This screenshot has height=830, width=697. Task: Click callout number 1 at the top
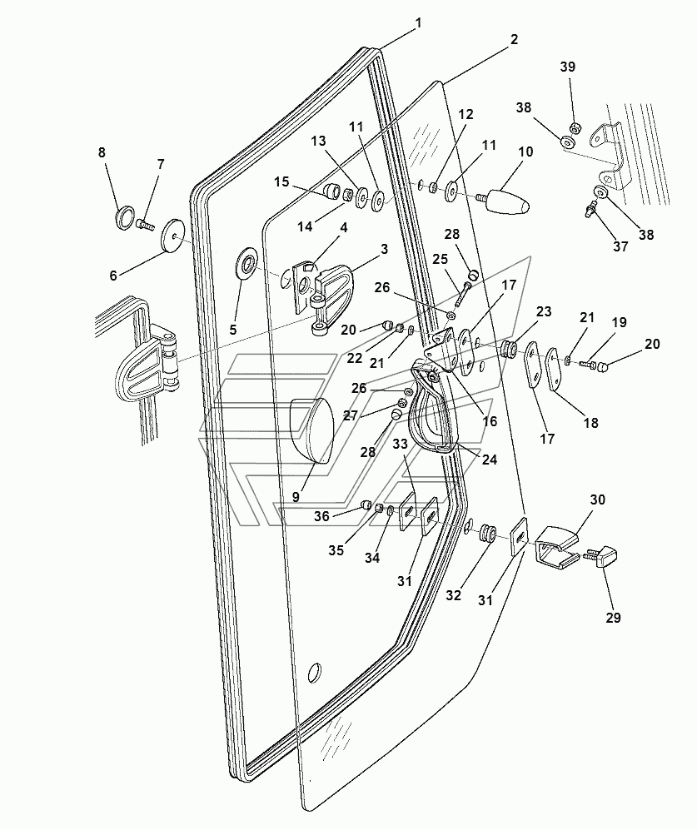click(x=418, y=23)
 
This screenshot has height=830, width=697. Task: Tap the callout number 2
click(x=515, y=40)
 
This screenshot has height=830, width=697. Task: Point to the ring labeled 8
click(x=123, y=218)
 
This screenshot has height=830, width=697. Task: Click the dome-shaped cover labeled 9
click(x=311, y=430)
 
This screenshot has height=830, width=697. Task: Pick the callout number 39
click(x=568, y=67)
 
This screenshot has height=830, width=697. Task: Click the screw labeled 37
click(x=592, y=207)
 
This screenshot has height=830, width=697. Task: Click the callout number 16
click(x=490, y=420)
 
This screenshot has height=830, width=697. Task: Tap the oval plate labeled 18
click(x=554, y=369)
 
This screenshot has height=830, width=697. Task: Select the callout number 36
click(x=321, y=516)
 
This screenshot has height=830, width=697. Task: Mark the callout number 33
click(x=401, y=444)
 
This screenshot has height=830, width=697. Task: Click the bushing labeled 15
click(x=332, y=191)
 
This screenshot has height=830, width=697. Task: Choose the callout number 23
click(x=544, y=311)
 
